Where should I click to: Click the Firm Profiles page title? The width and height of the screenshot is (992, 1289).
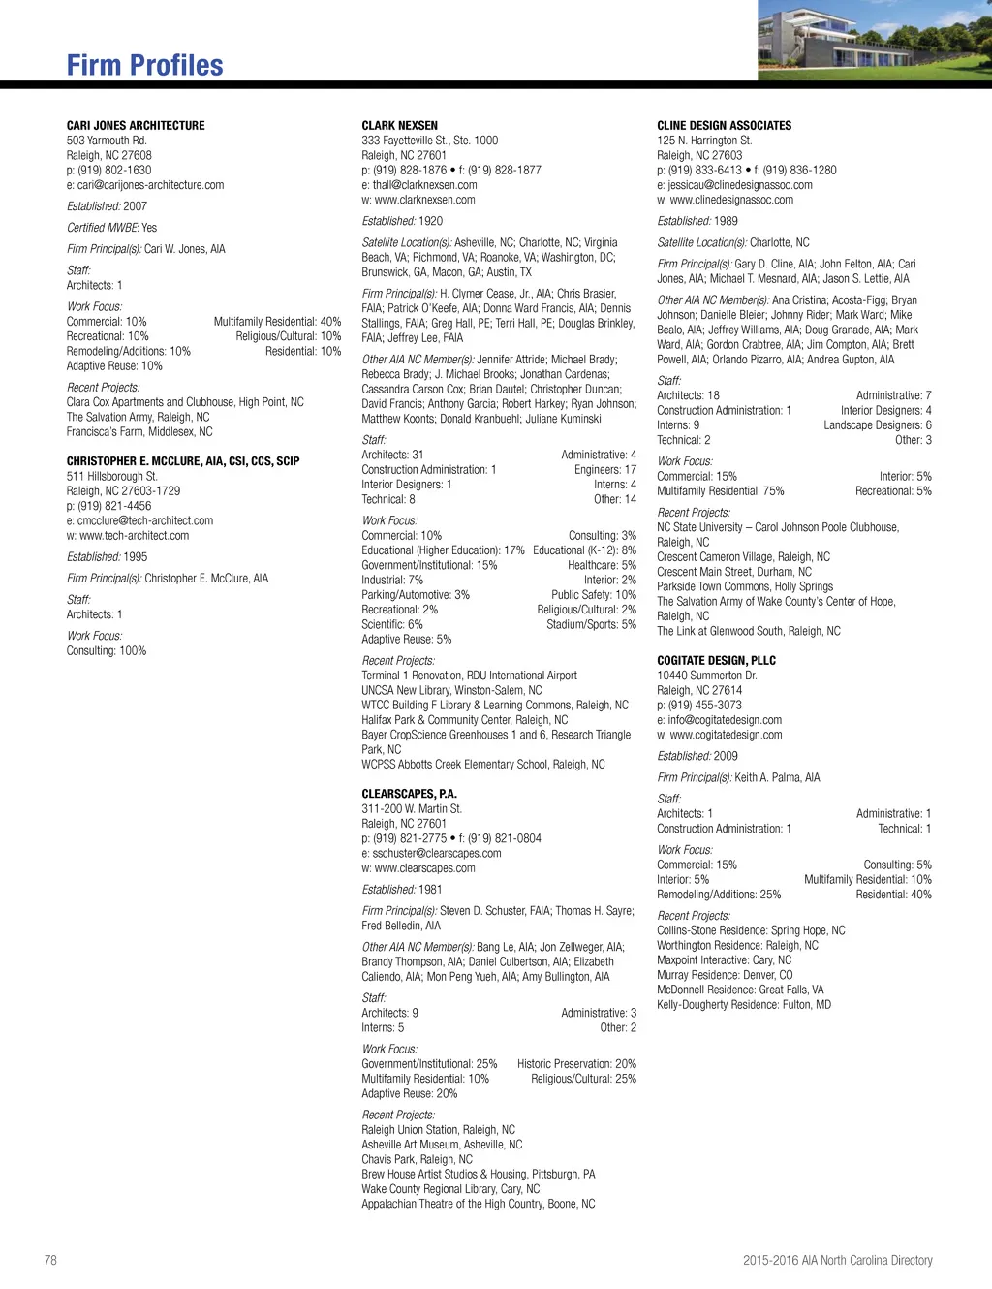(145, 65)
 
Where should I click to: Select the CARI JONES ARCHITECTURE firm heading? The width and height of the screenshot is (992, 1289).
(136, 126)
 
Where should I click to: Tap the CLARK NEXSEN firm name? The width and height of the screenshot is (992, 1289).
(399, 126)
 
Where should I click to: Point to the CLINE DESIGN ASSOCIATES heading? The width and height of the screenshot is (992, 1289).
(724, 126)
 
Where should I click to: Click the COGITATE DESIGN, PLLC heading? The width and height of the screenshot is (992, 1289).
(716, 661)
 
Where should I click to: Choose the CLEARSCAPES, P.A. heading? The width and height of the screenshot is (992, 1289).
(409, 794)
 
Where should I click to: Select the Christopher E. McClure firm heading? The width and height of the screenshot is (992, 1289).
(183, 461)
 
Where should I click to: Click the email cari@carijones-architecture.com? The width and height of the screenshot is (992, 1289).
(150, 185)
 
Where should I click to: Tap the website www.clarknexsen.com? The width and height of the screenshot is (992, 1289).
(424, 200)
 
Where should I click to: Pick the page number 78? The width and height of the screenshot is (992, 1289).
(50, 1260)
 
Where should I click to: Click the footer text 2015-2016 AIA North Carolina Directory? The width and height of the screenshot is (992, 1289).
(837, 1260)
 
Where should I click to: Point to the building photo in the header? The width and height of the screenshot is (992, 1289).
(874, 40)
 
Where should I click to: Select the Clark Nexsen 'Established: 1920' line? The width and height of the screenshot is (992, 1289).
(402, 221)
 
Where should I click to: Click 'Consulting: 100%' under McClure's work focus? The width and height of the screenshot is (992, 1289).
(107, 651)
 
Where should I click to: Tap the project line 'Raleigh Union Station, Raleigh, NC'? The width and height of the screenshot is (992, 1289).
(438, 1130)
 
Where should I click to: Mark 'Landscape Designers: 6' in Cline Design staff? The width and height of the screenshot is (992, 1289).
(878, 425)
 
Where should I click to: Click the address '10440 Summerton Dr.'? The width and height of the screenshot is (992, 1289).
(706, 676)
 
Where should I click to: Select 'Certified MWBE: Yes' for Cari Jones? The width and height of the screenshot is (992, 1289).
(111, 228)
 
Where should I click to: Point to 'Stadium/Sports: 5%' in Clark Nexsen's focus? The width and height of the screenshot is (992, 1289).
(591, 625)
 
